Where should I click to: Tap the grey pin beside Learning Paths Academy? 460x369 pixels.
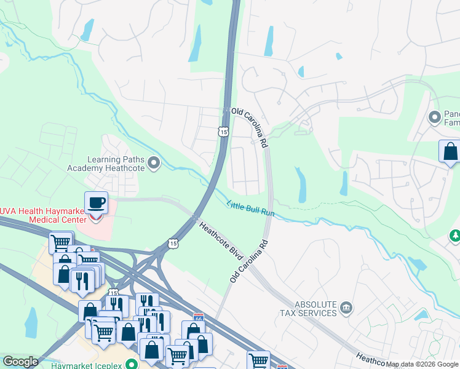pos(154,163)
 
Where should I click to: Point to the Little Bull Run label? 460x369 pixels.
pos(250,209)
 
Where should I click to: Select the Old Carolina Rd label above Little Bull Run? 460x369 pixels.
pos(249,127)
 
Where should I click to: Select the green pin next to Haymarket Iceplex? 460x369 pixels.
pos(131,363)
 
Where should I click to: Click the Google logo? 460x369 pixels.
pos(20,362)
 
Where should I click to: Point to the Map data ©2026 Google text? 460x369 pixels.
pos(422,364)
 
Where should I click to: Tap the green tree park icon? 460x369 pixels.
pos(455,236)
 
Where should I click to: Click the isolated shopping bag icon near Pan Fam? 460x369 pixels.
pos(450,151)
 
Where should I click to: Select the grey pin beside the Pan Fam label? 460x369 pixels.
pos(435,116)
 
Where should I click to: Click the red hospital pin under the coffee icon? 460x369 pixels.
pos(95,216)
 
